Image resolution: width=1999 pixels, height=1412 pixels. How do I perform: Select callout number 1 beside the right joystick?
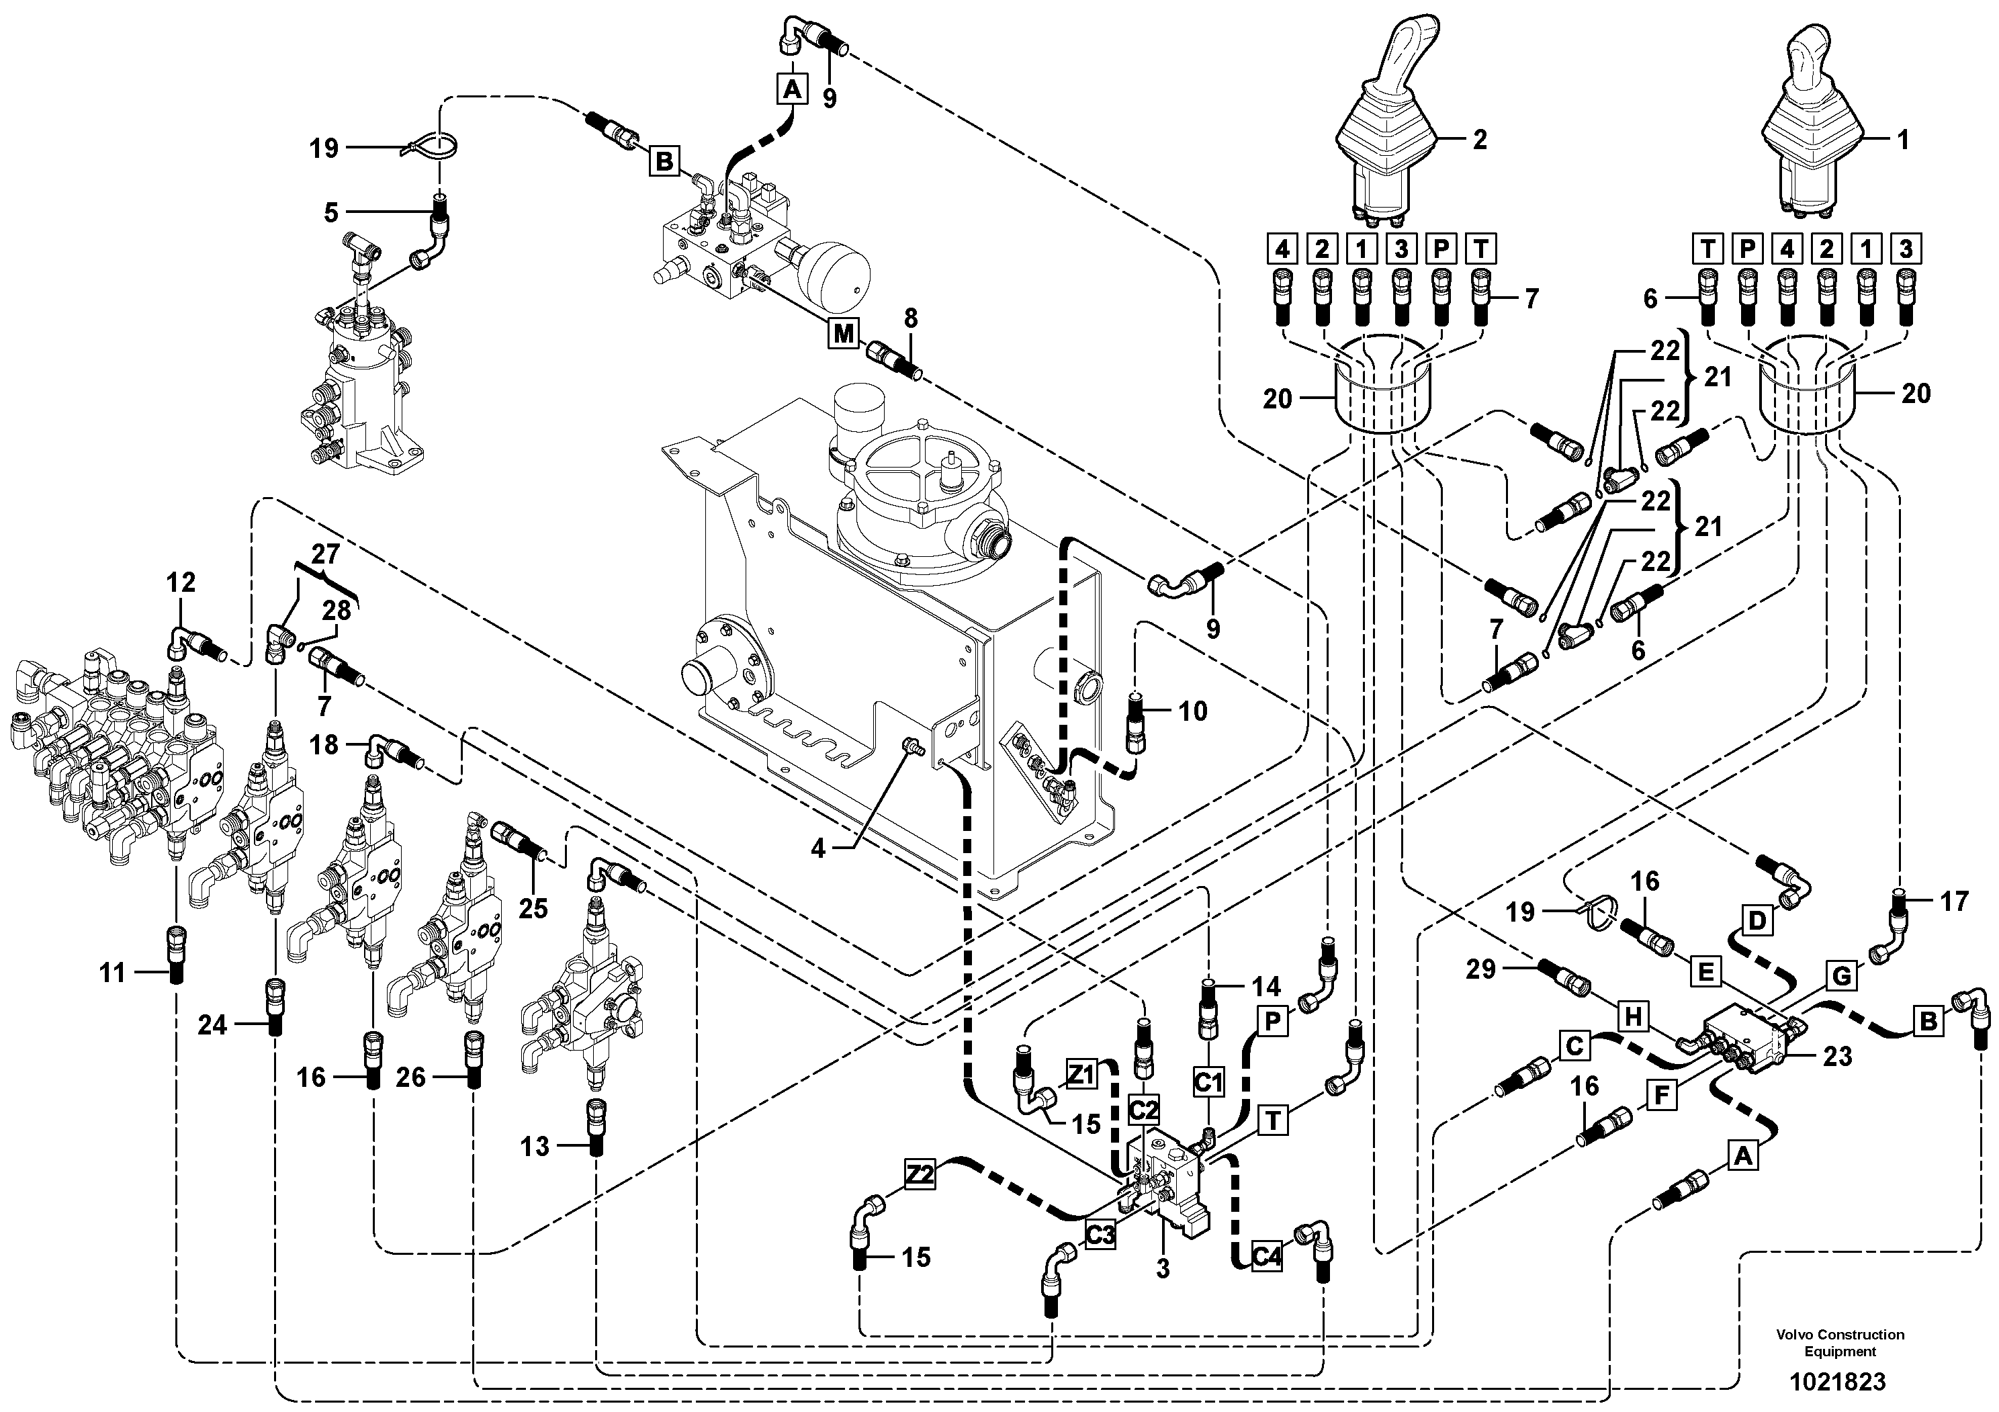(x=1902, y=139)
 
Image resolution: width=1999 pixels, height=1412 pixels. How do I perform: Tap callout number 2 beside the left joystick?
(x=1479, y=139)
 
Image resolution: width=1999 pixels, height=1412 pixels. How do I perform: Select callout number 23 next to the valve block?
(x=1837, y=1056)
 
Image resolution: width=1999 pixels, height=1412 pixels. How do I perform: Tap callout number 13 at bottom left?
(x=535, y=1147)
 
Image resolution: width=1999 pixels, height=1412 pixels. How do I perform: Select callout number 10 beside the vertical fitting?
(x=1193, y=711)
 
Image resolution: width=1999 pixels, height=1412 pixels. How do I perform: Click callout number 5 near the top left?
(x=331, y=212)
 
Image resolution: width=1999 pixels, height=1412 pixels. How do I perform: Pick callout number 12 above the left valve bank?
(x=181, y=582)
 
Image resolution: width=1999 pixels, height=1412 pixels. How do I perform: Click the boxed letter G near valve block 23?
(x=1841, y=977)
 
